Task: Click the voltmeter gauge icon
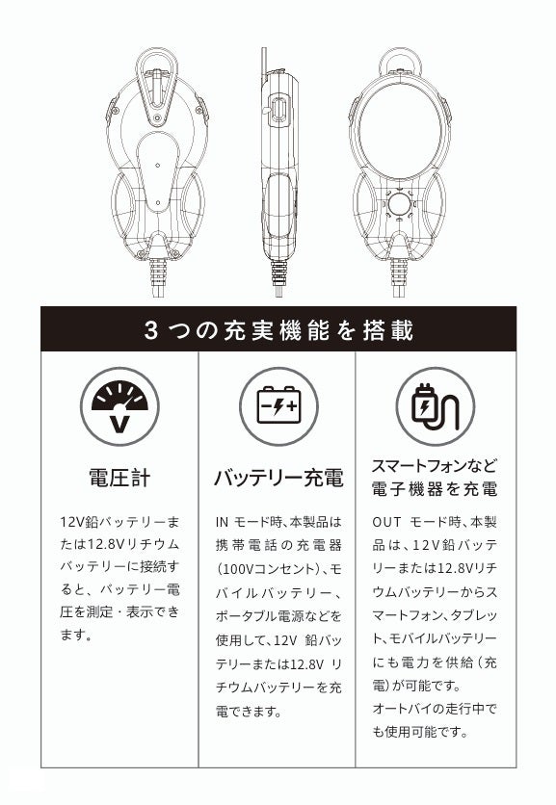119,406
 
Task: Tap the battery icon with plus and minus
278,406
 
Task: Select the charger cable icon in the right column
436,406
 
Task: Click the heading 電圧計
119,478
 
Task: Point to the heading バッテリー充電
278,478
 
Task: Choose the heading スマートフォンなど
435,466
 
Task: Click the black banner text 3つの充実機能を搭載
279,330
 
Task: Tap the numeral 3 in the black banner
150,330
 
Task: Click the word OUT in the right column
386,522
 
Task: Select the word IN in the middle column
222,522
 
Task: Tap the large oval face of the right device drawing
400,131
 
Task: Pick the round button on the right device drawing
399,204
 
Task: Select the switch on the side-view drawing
278,110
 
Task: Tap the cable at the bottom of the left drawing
158,277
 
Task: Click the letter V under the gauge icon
120,424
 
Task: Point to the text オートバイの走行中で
435,709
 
